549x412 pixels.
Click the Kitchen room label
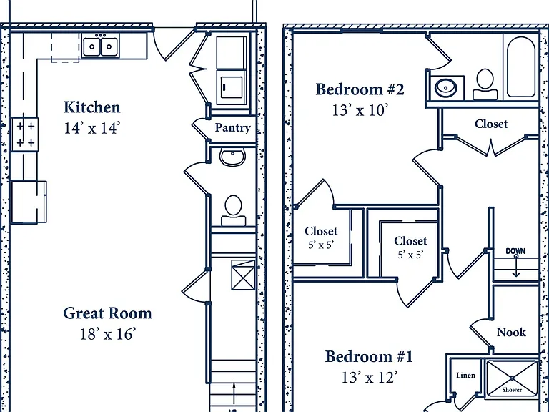pyautogui.click(x=91, y=107)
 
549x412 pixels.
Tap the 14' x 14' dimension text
pyautogui.click(x=91, y=128)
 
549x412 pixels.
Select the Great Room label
pyautogui.click(x=107, y=313)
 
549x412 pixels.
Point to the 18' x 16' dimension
pyautogui.click(x=107, y=334)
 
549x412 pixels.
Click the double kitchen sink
pyautogui.click(x=100, y=46)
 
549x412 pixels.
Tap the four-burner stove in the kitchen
pyautogui.click(x=24, y=134)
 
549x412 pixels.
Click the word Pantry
pyautogui.click(x=232, y=127)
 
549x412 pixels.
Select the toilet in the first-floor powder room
pyautogui.click(x=233, y=210)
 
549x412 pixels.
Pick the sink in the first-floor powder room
pyautogui.click(x=232, y=156)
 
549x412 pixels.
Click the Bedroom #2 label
pyautogui.click(x=360, y=89)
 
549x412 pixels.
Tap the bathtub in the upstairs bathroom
pyautogui.click(x=521, y=67)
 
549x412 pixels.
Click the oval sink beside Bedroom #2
pyautogui.click(x=446, y=87)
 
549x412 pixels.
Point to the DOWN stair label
pyautogui.click(x=515, y=251)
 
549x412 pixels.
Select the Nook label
pyautogui.click(x=511, y=332)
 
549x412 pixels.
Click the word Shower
pyautogui.click(x=512, y=390)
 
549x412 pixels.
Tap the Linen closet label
pyautogui.click(x=465, y=376)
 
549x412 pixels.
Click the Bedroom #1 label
pyautogui.click(x=369, y=357)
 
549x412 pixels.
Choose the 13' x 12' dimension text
pyautogui.click(x=369, y=378)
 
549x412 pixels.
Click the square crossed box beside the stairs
pyautogui.click(x=243, y=275)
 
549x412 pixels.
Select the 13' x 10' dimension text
pyautogui.click(x=360, y=110)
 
